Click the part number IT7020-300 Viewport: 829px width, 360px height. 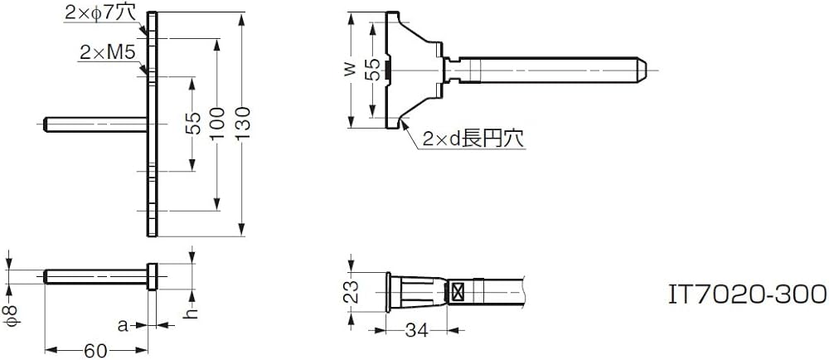coord(747,293)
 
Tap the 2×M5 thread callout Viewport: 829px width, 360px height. coord(107,53)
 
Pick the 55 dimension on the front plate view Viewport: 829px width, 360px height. coord(191,124)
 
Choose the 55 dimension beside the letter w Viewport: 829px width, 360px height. coord(374,70)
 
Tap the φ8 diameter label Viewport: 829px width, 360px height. coord(9,313)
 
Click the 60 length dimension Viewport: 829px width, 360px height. coord(95,350)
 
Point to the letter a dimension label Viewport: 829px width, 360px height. coord(123,326)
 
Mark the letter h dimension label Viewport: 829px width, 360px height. coord(191,312)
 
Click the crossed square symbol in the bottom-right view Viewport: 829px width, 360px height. coord(456,291)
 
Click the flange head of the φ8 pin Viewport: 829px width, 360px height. coord(152,276)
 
